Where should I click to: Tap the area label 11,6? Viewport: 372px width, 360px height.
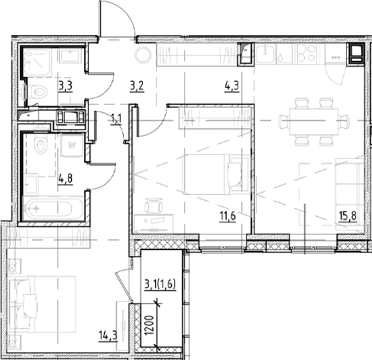pos(227,216)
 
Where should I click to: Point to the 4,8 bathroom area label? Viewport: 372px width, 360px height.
pos(65,179)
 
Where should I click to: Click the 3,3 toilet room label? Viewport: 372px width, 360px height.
pos(65,85)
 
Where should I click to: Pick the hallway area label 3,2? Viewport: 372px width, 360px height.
pos(137,85)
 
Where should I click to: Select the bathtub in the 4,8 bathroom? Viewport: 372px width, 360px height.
pos(54,209)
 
